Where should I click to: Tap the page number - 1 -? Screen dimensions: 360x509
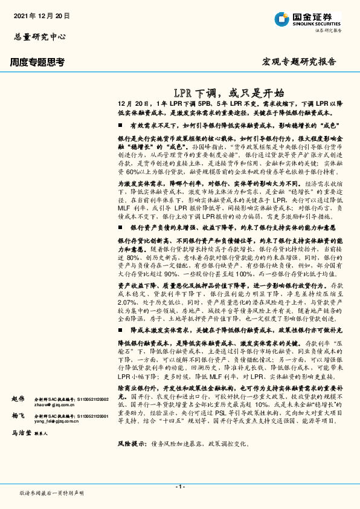pyautogui.click(x=179, y=487)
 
